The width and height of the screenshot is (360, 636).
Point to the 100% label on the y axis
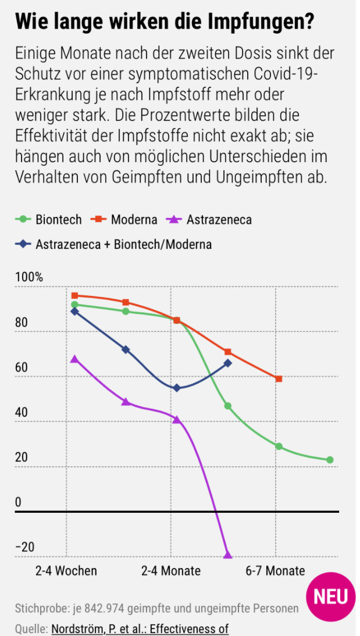tap(29, 277)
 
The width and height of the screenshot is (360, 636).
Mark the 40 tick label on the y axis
tap(22, 412)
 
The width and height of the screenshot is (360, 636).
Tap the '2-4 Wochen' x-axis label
tap(66, 571)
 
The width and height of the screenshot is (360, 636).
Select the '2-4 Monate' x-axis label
tap(171, 571)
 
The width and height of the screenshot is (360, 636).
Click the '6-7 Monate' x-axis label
tap(275, 571)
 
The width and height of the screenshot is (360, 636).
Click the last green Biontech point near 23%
tap(330, 460)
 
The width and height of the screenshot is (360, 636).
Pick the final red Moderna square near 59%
tap(279, 379)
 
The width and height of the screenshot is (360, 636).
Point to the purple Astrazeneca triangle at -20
tap(227, 555)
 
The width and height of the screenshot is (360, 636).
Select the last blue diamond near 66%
tap(227, 363)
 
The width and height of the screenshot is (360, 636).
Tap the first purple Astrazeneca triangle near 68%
tap(74, 359)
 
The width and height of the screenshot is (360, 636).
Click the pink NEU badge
tap(330, 596)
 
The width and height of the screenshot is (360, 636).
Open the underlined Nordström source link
tap(140, 628)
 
